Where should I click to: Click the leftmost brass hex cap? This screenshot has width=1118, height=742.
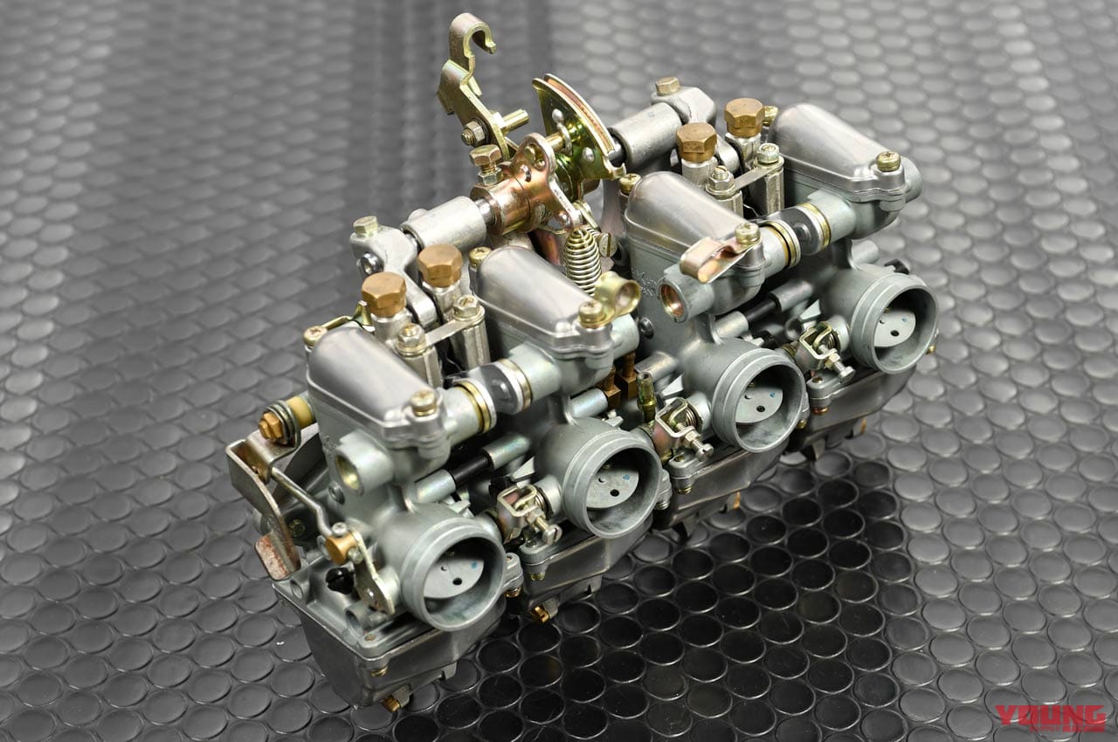tap(383, 295)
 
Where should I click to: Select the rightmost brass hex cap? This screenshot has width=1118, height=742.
tap(744, 117)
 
